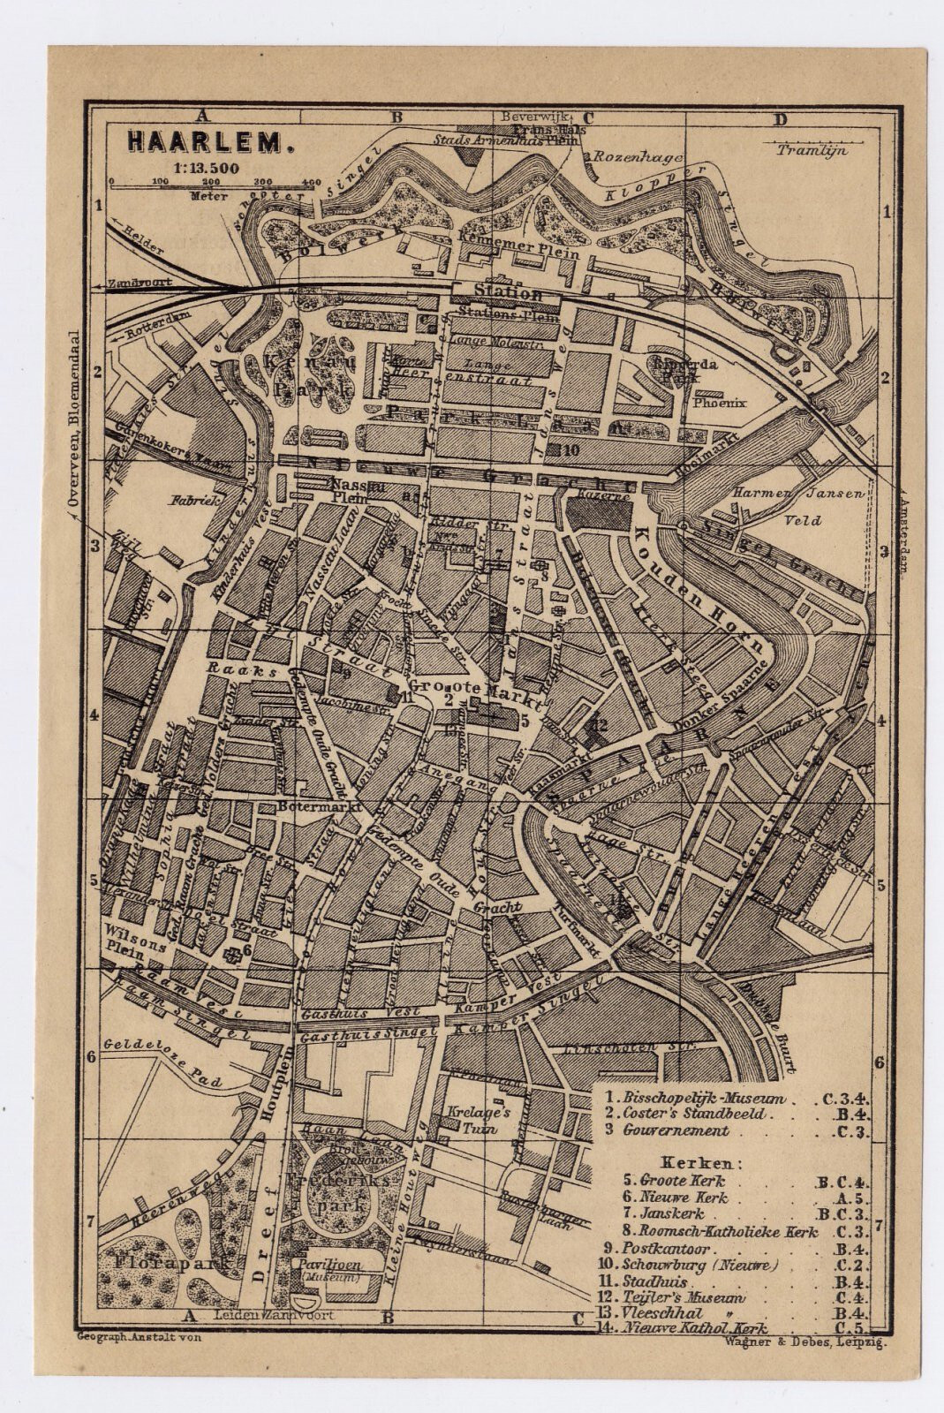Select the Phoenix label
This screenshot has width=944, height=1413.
(720, 403)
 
